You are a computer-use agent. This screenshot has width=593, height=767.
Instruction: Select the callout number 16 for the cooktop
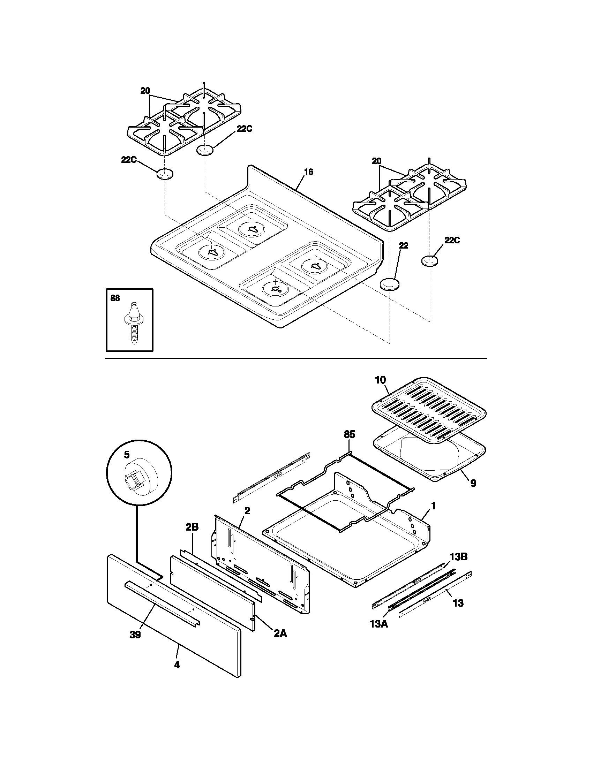[308, 172]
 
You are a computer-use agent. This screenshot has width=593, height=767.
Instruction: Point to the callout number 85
[349, 434]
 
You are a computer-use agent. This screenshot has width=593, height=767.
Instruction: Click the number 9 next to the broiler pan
[473, 484]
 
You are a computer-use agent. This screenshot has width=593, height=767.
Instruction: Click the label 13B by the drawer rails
[458, 557]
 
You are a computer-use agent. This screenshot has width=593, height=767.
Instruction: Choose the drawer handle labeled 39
[162, 603]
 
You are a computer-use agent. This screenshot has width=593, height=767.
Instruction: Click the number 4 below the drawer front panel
[177, 665]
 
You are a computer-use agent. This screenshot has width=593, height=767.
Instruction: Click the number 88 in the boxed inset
[115, 298]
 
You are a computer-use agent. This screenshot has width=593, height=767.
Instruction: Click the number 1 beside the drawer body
[433, 506]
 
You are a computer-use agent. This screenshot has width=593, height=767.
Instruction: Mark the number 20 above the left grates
[145, 91]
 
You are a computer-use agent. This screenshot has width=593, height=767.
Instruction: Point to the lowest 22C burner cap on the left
[165, 174]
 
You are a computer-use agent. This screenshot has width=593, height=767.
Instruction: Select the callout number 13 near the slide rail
[458, 603]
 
